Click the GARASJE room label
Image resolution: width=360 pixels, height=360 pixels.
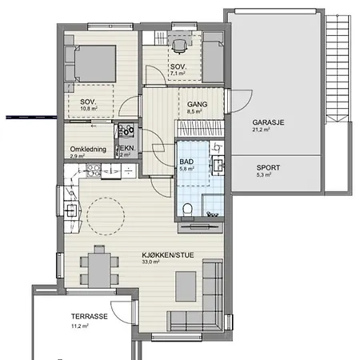(268, 122)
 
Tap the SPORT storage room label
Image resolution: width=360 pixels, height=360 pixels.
(268, 168)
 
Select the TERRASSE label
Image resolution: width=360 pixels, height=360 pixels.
(90, 317)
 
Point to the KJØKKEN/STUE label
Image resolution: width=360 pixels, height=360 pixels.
(168, 255)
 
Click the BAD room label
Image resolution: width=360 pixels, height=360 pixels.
(186, 162)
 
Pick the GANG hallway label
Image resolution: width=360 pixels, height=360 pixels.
(197, 104)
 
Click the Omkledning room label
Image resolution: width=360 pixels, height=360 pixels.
(88, 150)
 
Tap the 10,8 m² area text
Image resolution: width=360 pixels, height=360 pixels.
(89, 109)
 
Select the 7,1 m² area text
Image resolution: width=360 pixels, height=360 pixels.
(178, 74)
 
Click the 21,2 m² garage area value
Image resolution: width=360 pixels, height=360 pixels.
(261, 130)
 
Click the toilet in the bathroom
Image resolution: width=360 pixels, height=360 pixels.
(187, 210)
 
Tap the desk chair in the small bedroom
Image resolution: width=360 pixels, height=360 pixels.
(178, 46)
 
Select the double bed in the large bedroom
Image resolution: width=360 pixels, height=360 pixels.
(94, 63)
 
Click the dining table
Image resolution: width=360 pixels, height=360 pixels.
(99, 270)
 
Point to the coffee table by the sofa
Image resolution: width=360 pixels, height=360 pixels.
(186, 286)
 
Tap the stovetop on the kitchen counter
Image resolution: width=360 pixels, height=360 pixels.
(94, 170)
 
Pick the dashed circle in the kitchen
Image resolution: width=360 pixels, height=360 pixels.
(106, 216)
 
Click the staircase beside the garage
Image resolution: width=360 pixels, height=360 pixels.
(338, 69)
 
